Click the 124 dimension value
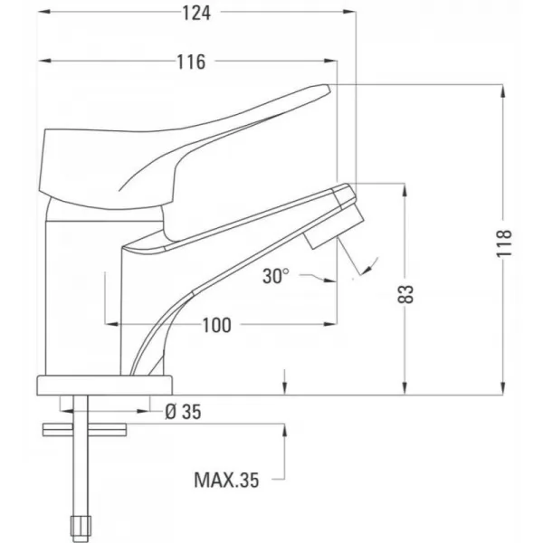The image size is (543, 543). (x=196, y=14)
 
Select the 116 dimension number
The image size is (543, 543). (x=191, y=62)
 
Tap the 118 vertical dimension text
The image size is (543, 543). (x=504, y=243)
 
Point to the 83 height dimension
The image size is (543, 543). (x=405, y=294)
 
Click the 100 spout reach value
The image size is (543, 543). (x=216, y=326)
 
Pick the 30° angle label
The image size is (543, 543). (x=275, y=276)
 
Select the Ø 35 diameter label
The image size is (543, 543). (x=183, y=412)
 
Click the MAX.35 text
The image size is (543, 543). (x=226, y=480)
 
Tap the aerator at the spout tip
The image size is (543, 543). (x=334, y=230)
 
